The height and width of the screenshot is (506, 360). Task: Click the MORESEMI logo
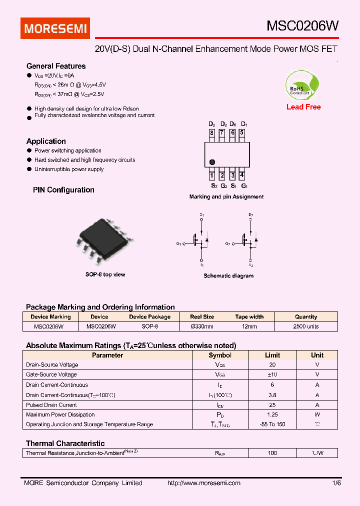tap(55, 28)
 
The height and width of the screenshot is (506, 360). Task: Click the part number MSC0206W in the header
tap(302, 26)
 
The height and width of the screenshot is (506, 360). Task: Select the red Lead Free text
tap(303, 107)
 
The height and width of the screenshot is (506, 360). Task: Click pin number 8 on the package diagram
tap(212, 133)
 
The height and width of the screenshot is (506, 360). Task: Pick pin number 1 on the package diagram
tap(212, 175)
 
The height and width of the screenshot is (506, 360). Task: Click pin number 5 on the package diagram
tap(242, 133)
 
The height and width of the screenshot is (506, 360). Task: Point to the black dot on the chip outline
tap(212, 162)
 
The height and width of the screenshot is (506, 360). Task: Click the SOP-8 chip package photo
tap(105, 240)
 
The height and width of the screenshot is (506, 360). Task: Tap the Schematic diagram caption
tap(228, 276)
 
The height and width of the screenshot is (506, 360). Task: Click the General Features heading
tap(56, 66)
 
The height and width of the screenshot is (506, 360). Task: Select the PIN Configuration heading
tap(63, 190)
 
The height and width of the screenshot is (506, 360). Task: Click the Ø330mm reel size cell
tap(202, 326)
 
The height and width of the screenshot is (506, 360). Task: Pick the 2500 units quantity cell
tap(306, 326)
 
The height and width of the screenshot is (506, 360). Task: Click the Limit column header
tap(272, 355)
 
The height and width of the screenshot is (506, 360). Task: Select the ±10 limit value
tap(272, 374)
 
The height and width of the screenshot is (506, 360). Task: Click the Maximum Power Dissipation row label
tap(60, 414)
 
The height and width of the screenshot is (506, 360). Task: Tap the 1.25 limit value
tap(272, 414)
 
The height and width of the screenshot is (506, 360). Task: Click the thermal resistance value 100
tap(272, 453)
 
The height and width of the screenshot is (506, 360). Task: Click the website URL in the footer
tap(203, 483)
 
